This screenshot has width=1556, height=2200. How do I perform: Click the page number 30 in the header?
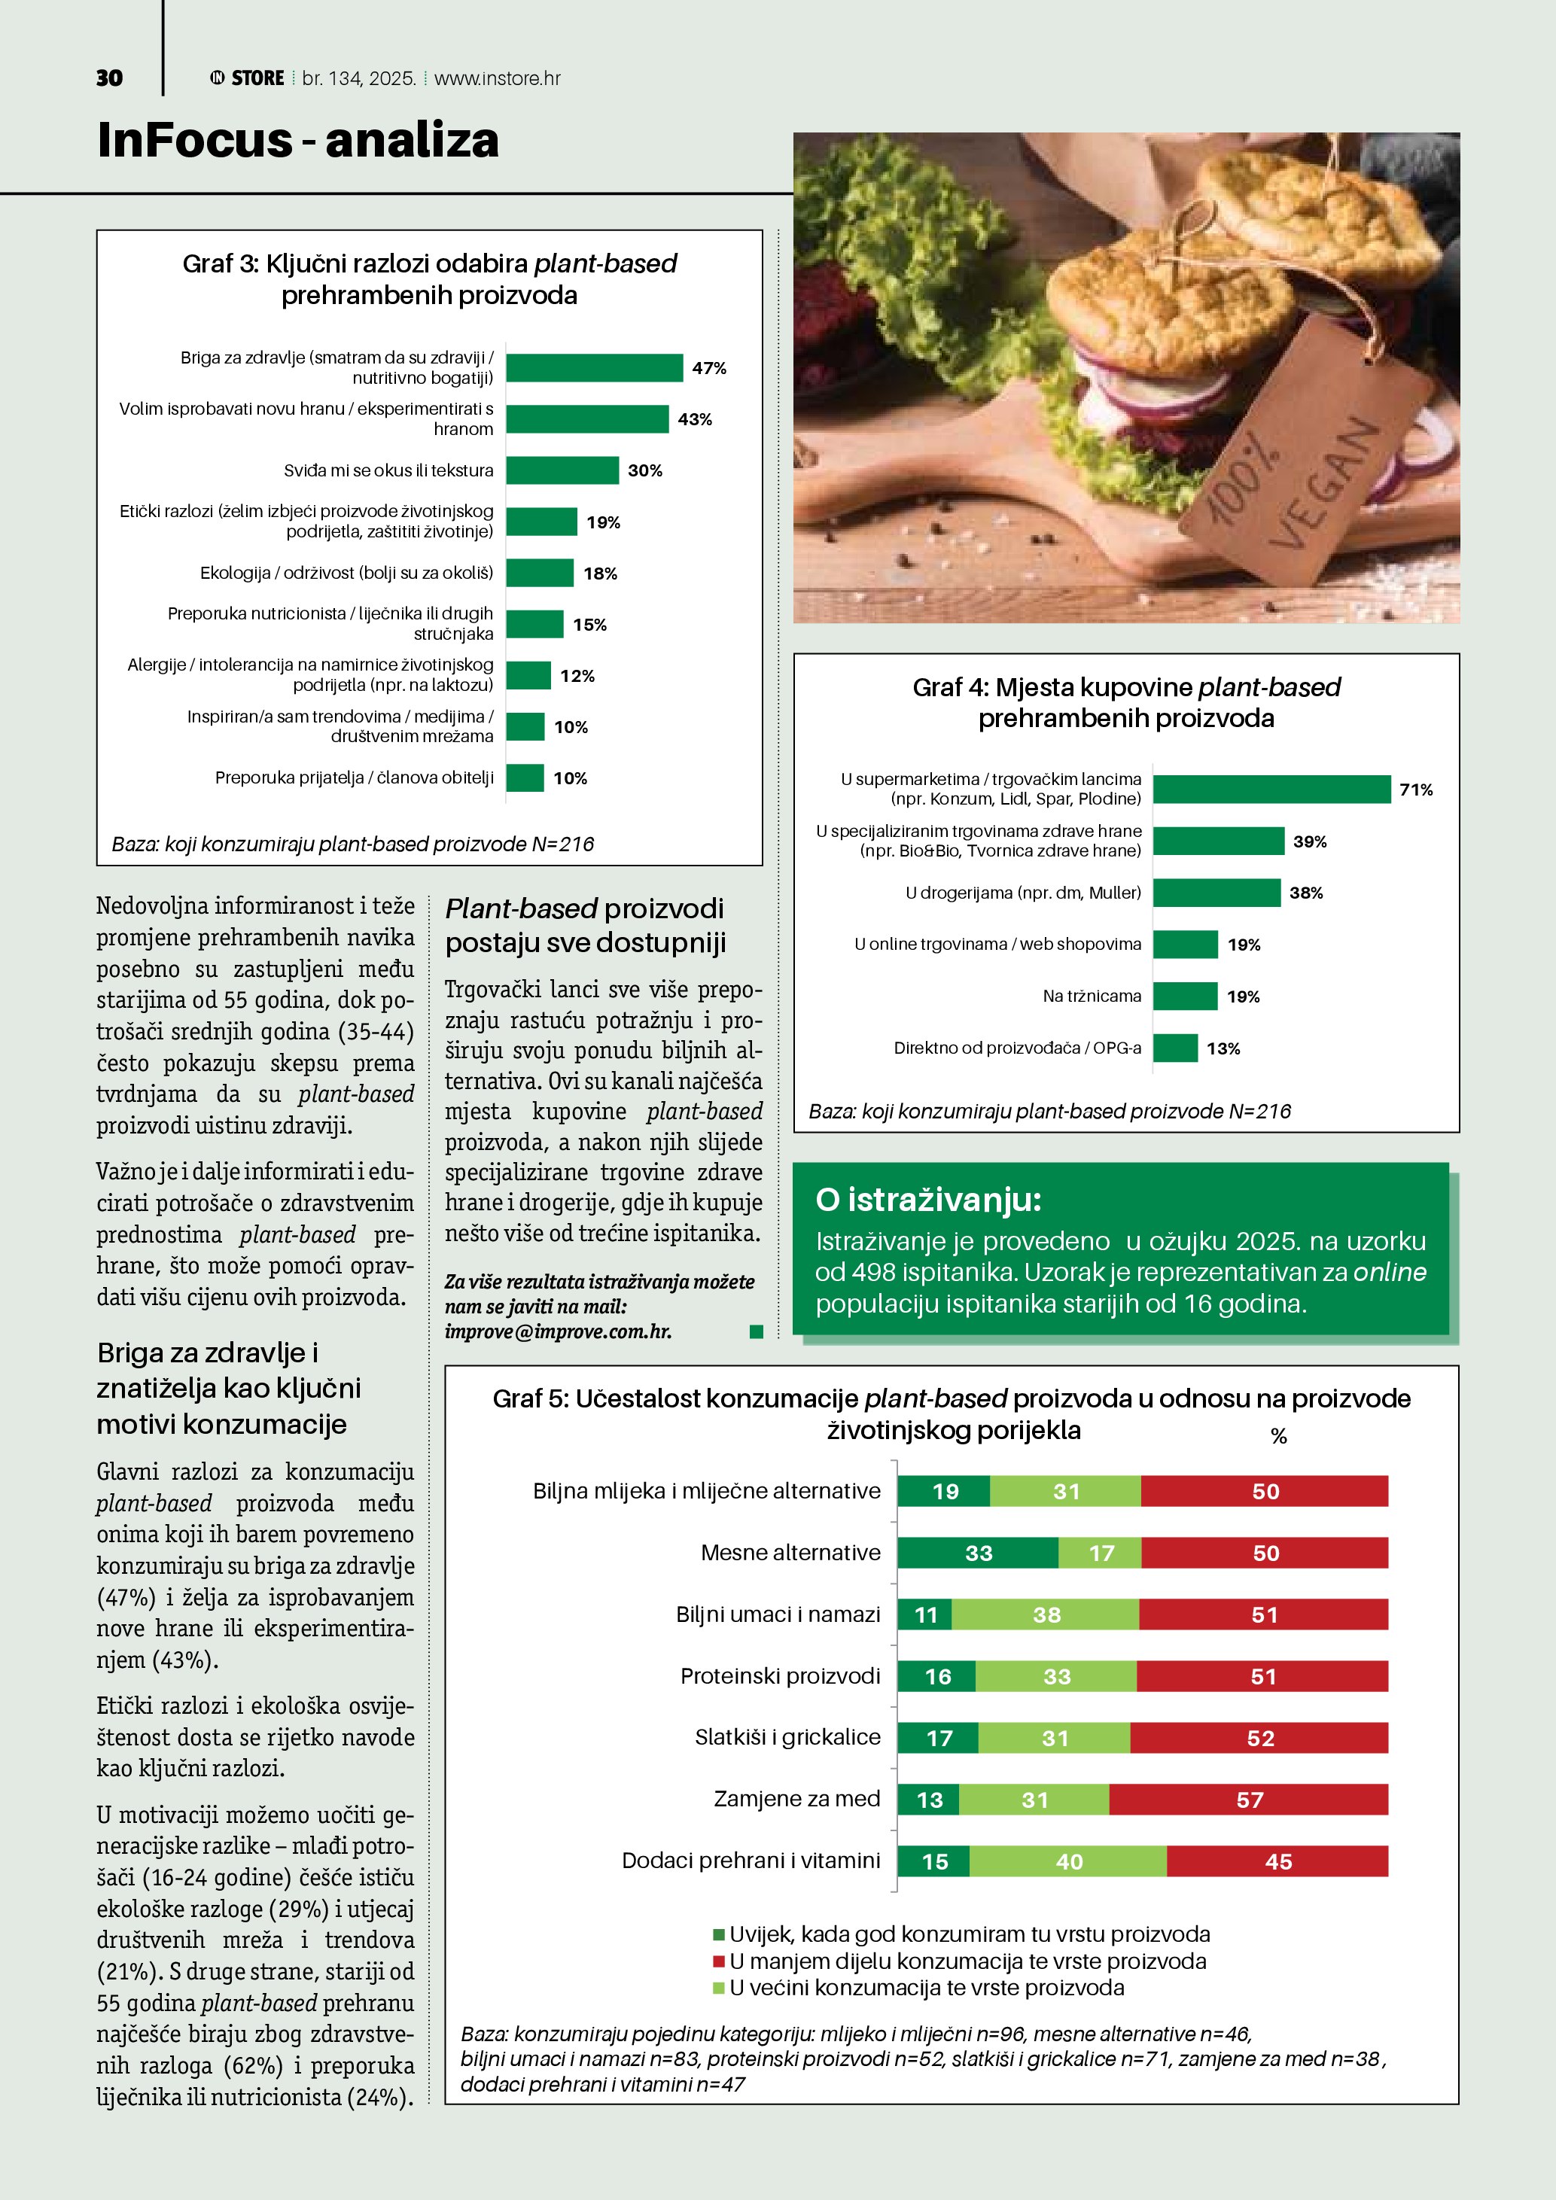[109, 78]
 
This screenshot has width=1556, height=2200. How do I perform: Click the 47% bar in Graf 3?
[594, 368]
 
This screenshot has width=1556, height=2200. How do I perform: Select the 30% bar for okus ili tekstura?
[562, 470]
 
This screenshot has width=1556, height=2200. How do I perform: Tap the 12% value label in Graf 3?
[577, 677]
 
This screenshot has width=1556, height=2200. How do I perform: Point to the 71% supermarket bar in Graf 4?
[1271, 790]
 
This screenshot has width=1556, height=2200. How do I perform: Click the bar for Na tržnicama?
[1185, 997]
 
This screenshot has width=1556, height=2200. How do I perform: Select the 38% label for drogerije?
[1306, 893]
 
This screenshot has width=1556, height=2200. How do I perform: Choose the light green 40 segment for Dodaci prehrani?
[1068, 1862]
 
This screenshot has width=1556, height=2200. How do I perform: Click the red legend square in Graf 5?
[719, 1961]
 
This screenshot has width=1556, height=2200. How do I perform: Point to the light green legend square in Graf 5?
[719, 1989]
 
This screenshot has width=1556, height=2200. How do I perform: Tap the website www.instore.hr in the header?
[498, 78]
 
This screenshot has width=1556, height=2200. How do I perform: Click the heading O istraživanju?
[927, 1200]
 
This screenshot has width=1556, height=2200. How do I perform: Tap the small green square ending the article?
[756, 1332]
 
